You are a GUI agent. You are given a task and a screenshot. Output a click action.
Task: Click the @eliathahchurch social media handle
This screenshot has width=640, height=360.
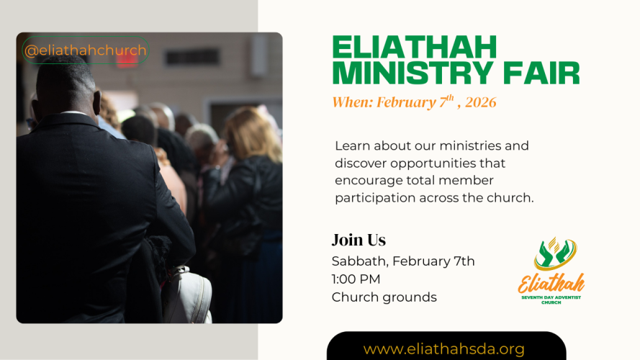85,50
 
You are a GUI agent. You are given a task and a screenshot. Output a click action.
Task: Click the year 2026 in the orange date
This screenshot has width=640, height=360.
480,102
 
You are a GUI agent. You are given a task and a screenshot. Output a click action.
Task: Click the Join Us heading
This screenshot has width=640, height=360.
359,240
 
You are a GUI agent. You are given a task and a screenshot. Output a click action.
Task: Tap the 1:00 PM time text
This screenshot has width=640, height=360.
356,279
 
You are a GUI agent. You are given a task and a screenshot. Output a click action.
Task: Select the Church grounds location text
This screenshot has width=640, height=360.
384,297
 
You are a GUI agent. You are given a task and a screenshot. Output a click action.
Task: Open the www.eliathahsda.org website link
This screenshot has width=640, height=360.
443,349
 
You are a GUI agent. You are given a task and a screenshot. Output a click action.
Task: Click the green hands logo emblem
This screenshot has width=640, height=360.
554,254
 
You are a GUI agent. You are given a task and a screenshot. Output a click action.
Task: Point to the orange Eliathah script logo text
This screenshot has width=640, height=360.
551,282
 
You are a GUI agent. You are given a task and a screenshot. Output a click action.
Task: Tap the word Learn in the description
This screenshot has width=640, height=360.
352,145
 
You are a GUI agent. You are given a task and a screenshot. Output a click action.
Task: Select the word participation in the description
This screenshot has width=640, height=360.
373,197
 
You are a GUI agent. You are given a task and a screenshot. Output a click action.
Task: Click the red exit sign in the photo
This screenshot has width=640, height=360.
127,58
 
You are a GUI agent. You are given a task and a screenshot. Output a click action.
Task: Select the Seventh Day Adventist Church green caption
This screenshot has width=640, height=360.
551,299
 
